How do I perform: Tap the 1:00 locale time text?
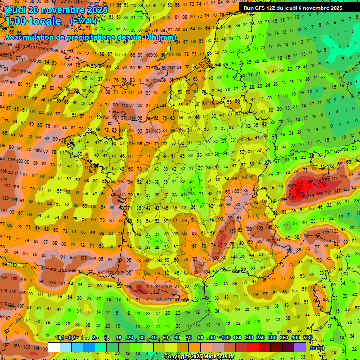click(x=33, y=21)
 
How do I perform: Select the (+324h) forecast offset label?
click(x=83, y=21)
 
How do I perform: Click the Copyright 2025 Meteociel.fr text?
click(x=200, y=357)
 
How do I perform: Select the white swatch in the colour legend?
click(x=54, y=347)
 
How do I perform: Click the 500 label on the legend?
click(x=307, y=338)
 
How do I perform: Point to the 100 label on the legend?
click(x=225, y=338)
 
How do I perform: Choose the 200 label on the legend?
click(x=248, y=338)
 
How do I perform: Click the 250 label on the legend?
click(x=260, y=338)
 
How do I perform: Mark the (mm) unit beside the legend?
click(x=317, y=348)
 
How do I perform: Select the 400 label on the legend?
click(x=295, y=338)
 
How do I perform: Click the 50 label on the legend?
click(x=165, y=338)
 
